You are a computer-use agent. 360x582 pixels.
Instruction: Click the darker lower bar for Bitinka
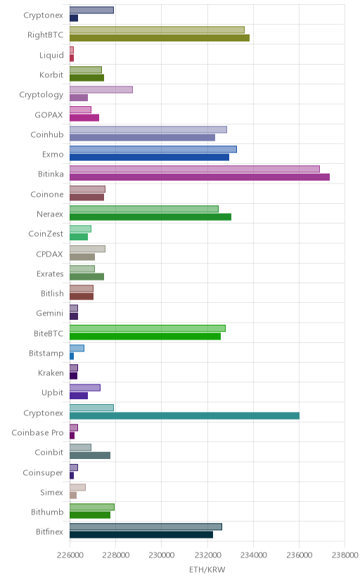pos(200,177)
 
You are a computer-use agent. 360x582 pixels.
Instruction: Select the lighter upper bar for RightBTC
pos(157,30)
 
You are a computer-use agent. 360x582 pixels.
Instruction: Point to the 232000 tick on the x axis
pos(207,555)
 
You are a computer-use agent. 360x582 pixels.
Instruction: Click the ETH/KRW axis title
pos(207,570)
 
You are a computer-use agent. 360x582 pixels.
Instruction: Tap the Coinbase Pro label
pos(37,433)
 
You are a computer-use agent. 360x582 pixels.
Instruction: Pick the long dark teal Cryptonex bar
pos(184,415)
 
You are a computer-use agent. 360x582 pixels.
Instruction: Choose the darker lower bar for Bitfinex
pos(141,534)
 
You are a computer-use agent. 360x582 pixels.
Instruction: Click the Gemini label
pos(50,313)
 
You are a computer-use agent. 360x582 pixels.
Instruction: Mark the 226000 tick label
pos(70,555)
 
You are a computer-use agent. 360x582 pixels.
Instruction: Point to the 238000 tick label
pos(345,555)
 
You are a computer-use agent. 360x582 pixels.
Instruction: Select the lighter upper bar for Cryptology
pos(101,89)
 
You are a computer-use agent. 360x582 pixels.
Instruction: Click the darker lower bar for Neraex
pos(150,216)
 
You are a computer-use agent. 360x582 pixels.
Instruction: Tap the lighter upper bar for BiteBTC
pos(148,328)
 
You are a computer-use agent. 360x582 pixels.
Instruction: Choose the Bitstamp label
pos(46,354)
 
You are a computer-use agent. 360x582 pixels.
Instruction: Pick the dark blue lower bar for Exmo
pos(149,157)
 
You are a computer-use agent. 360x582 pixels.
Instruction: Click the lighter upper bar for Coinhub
pos(148,129)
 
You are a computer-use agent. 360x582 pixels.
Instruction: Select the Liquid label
pos(51,56)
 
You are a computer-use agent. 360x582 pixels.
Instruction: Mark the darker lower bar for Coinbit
pos(90,455)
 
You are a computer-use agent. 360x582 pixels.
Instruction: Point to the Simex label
pos(51,493)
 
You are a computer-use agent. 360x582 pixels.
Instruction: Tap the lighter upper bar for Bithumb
pos(92,507)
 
